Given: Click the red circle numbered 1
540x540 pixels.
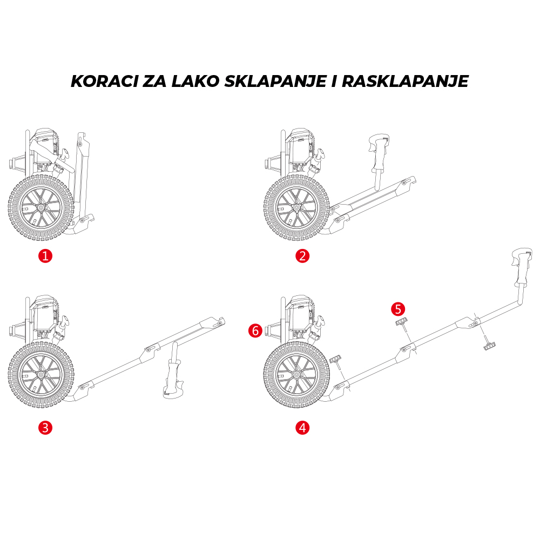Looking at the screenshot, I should point(45,255).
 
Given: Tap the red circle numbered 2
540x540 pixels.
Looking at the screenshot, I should point(303,255).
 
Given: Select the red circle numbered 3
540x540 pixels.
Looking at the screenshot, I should point(45,428).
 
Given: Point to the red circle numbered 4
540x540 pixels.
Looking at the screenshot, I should point(303,428).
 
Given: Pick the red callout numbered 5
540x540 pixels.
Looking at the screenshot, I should point(398,309).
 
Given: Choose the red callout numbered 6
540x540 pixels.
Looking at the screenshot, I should point(255,330).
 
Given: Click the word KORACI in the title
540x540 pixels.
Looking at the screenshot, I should point(103,82).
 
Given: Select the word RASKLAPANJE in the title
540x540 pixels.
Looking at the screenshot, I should point(404,82).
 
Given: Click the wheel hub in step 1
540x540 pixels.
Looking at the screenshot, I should point(40,207).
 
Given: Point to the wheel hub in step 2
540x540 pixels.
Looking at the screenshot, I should point(296,207).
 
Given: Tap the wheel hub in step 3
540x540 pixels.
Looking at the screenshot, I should point(40,375).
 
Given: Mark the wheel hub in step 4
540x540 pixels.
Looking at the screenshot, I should point(296,375).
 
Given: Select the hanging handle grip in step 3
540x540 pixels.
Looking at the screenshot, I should point(174,378).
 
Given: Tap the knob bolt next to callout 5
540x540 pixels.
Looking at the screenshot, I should point(402,324).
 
